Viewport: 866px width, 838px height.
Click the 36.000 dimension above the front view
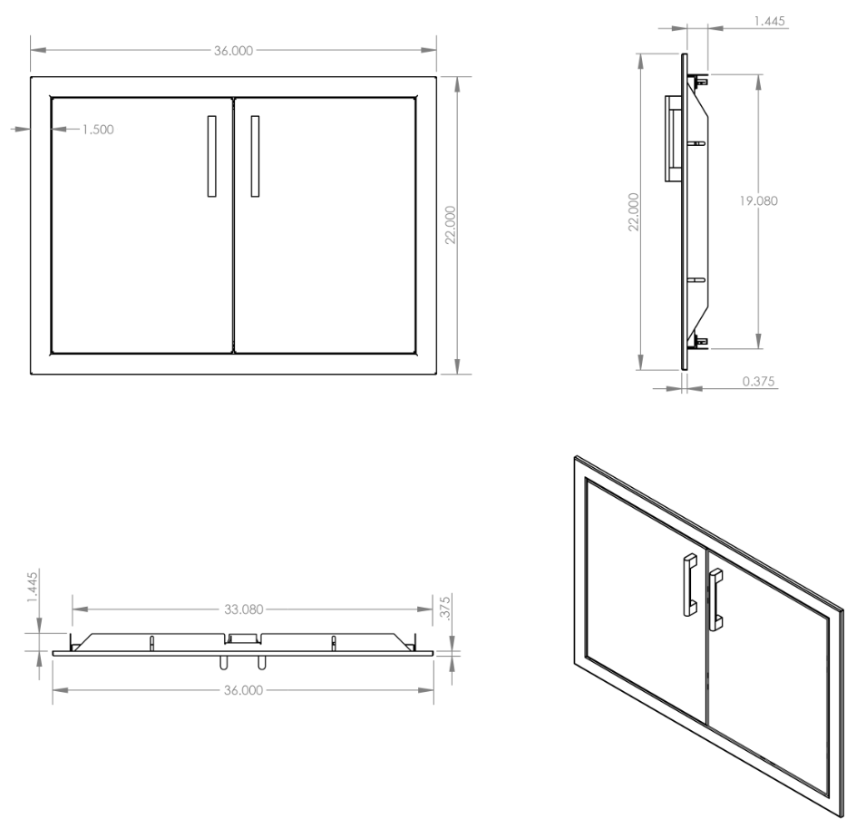[234, 51]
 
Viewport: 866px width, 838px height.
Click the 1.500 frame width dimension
[98, 130]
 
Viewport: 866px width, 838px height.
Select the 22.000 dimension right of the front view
[451, 225]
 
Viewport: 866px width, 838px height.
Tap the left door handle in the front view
[211, 156]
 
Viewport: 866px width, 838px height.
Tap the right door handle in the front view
[255, 156]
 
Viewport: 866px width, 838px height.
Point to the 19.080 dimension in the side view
[759, 201]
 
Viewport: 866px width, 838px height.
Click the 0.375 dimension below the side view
[758, 381]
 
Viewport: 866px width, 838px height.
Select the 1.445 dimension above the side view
[769, 21]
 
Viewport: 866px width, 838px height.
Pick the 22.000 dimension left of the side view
[634, 211]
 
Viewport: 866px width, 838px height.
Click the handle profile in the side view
[673, 139]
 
